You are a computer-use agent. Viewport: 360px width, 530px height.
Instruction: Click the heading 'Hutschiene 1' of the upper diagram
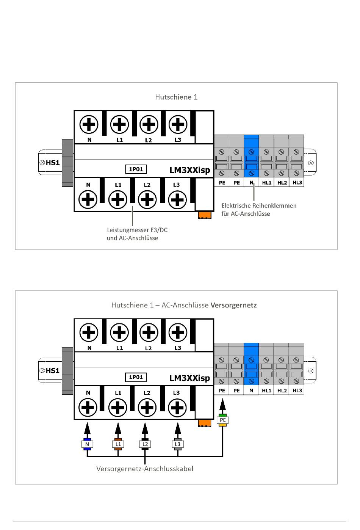pos(176,97)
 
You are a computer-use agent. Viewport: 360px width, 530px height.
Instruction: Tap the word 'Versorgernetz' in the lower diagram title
pos(233,305)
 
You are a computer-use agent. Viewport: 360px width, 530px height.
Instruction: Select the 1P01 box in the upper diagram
pos(136,169)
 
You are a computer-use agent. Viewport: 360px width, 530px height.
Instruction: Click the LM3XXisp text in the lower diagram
pos(190,378)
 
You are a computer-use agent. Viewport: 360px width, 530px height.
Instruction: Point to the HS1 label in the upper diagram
pos(53,163)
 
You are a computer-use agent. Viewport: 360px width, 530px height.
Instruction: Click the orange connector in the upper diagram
pos(205,215)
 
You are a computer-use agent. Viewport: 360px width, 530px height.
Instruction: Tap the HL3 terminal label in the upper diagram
pos(297,183)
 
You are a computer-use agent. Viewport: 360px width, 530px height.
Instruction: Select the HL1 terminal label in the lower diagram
pos(266,390)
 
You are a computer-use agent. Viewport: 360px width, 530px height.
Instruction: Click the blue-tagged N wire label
pos(87,444)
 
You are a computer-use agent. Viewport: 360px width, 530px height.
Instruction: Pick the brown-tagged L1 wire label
pos(118,444)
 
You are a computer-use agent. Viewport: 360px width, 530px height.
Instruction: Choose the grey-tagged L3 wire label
pos(178,444)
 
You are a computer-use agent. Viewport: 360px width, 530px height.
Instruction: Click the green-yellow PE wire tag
pos(222,420)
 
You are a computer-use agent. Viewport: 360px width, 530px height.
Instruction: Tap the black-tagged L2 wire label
pos(145,444)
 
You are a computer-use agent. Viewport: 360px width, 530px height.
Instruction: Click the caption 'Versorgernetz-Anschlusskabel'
pos(145,469)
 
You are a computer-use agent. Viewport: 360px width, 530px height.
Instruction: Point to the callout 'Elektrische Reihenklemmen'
pos(259,205)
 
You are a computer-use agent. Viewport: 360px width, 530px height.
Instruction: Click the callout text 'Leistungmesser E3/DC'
pos(137,230)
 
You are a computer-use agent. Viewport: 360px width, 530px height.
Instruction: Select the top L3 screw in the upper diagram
pos(178,124)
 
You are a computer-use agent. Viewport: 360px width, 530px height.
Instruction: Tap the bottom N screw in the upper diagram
pos(88,199)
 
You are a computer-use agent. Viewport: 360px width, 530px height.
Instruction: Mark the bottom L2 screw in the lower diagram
pos(147,408)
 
